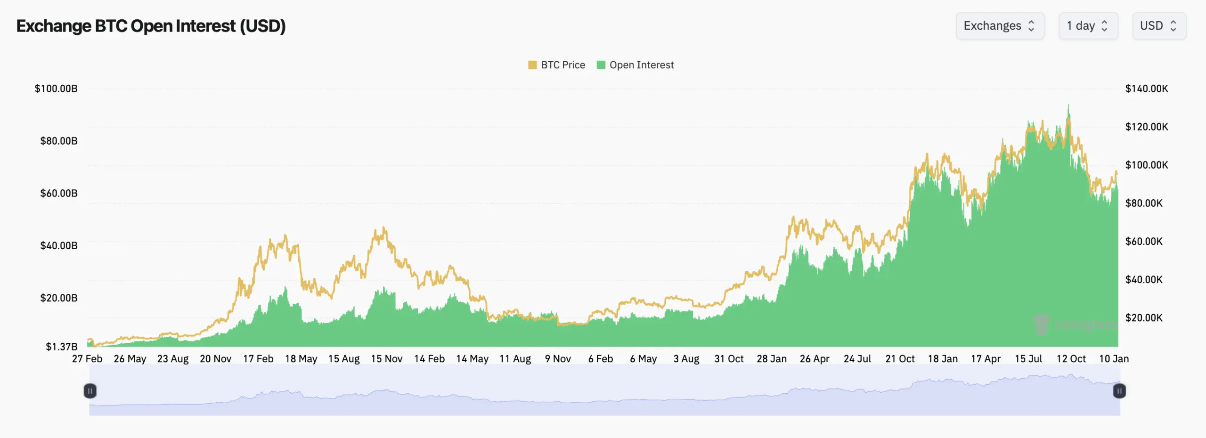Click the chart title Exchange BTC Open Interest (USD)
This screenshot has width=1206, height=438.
click(x=151, y=26)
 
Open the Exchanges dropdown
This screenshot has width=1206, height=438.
click(x=999, y=26)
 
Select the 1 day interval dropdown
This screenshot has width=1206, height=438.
click(x=1088, y=26)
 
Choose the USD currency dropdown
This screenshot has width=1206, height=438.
click(x=1158, y=26)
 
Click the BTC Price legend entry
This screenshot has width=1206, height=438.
click(x=557, y=65)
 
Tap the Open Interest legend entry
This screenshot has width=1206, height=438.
click(x=636, y=65)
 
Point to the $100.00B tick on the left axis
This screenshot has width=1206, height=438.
click(x=56, y=89)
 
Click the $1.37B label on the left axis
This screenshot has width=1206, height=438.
click(x=61, y=347)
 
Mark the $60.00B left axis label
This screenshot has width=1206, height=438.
click(x=58, y=193)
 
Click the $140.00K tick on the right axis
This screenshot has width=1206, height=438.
click(x=1146, y=89)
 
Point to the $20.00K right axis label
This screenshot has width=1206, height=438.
click(x=1143, y=318)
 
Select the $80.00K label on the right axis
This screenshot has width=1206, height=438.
click(x=1143, y=203)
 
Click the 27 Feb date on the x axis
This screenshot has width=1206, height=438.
click(x=87, y=359)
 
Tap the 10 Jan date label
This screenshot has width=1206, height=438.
click(x=1114, y=359)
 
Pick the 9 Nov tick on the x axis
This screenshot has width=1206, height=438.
click(x=558, y=359)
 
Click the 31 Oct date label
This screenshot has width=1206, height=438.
click(x=729, y=359)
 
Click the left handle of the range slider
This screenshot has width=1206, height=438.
click(x=90, y=391)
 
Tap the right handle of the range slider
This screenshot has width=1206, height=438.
click(x=1119, y=391)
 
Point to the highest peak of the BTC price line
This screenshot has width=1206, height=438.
click(x=1068, y=105)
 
